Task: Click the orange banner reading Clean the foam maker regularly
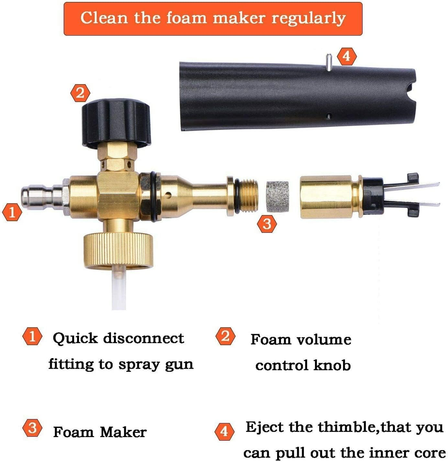point(213,18)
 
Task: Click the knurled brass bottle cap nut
point(118,249)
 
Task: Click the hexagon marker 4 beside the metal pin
point(346,56)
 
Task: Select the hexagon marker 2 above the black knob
point(80,93)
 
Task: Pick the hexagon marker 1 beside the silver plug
point(12,213)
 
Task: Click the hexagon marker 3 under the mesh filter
point(267,224)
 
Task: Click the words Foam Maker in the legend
point(100,432)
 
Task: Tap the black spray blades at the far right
point(418,194)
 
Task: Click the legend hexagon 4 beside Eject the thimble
point(224,432)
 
